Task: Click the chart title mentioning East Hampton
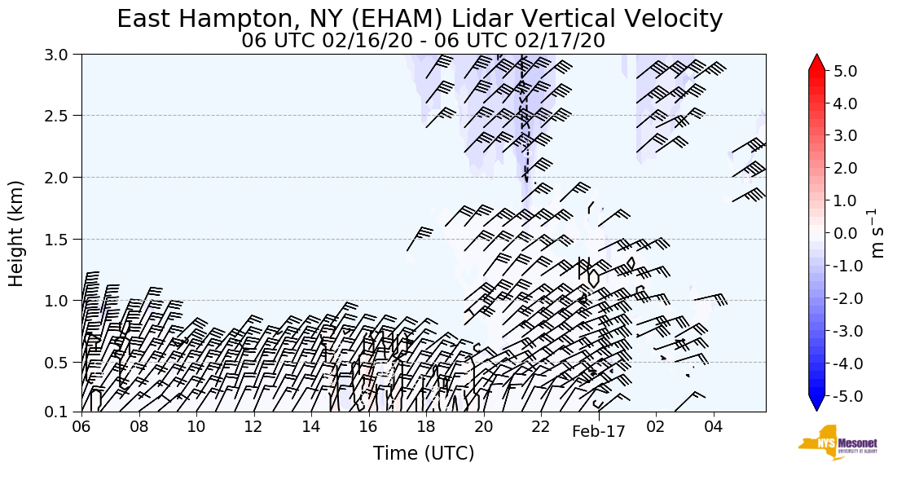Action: pyautogui.click(x=420, y=19)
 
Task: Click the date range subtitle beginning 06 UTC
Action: pyautogui.click(x=423, y=40)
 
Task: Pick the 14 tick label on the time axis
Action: pyautogui.click(x=310, y=427)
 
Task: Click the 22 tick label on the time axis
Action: pyautogui.click(x=541, y=427)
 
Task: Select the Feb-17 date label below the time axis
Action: pyautogui.click(x=598, y=432)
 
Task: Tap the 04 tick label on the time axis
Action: pyautogui.click(x=714, y=427)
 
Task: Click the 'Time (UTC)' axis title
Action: pyautogui.click(x=423, y=453)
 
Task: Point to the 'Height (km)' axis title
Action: pyautogui.click(x=17, y=233)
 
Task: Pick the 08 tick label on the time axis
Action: pyautogui.click(x=139, y=427)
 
